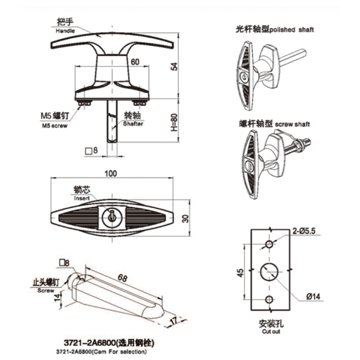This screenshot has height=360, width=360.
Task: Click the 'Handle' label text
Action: [66, 31]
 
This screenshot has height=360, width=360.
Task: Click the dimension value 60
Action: [135, 61]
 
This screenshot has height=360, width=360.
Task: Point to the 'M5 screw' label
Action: [54, 126]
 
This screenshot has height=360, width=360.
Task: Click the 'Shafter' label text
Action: [132, 124]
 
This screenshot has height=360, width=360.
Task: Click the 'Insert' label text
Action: [82, 197]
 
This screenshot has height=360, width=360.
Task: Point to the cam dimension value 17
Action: [173, 320]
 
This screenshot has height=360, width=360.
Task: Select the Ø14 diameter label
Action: [312, 296]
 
